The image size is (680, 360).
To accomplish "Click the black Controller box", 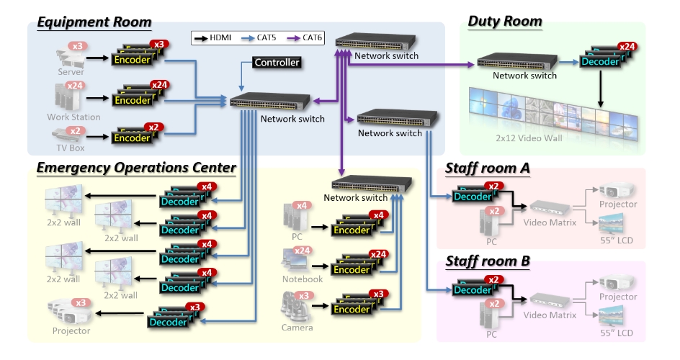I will [x=277, y=63].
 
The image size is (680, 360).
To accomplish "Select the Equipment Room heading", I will [x=94, y=22].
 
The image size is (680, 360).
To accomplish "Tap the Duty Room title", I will [x=505, y=21].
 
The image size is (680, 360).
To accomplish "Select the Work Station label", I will [x=73, y=117].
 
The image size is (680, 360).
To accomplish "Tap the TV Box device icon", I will [x=69, y=135].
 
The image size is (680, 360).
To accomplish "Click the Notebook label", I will [x=303, y=279].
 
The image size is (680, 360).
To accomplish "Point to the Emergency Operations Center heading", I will [x=136, y=168].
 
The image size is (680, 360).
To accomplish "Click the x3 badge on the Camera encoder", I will [x=377, y=294].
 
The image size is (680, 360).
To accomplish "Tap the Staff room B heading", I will [x=488, y=260].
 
